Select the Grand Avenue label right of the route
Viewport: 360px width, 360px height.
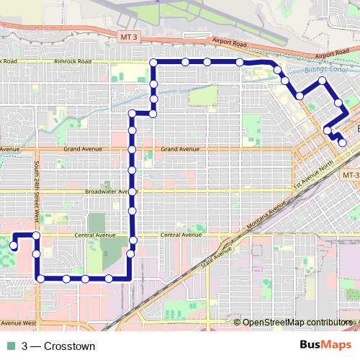point(179,149)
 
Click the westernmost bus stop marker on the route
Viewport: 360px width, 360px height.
point(14,246)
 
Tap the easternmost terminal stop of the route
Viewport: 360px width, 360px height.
point(342,143)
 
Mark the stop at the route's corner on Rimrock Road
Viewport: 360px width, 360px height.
point(153,63)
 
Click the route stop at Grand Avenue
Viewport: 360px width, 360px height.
point(132,149)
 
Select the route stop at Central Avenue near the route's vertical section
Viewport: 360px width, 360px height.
point(132,239)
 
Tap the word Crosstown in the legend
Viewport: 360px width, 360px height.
point(69,346)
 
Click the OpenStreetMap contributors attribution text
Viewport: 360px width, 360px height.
point(295,323)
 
